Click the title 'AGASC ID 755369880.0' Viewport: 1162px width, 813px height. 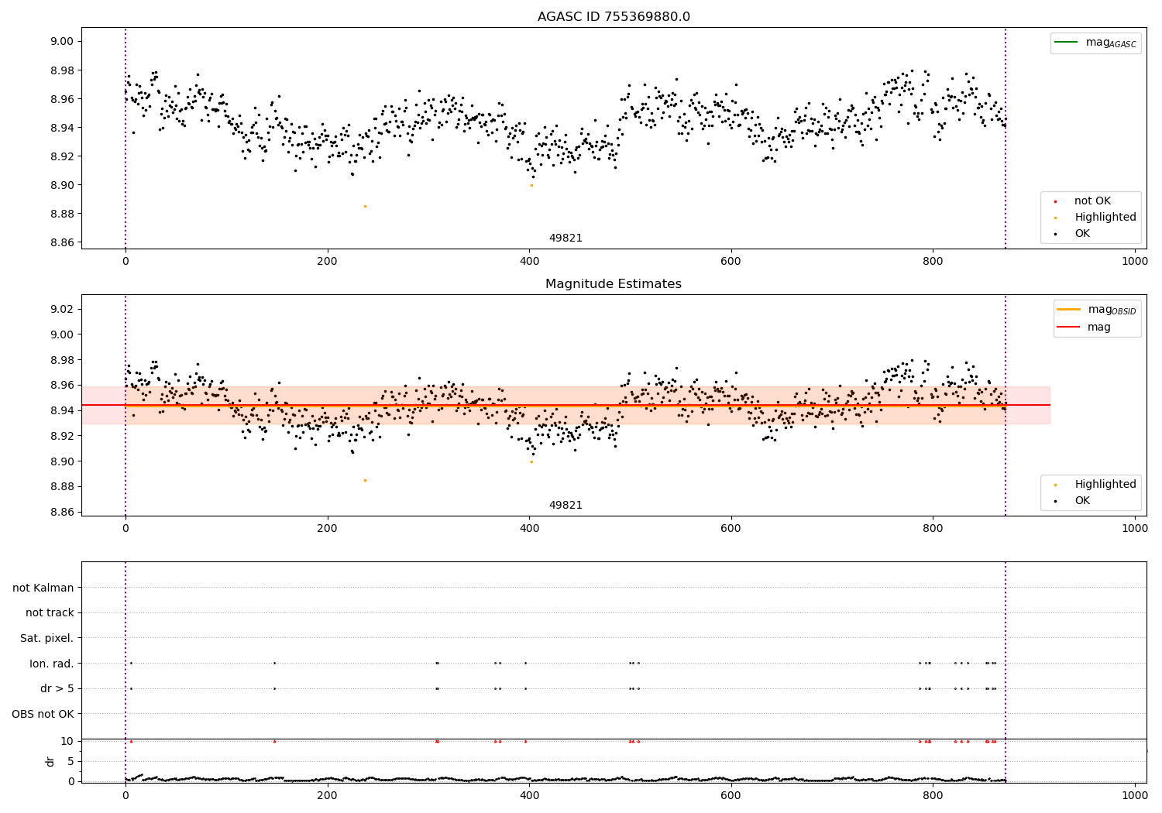point(614,17)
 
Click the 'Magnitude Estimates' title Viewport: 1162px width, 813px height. point(614,284)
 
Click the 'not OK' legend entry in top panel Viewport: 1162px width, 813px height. point(1092,201)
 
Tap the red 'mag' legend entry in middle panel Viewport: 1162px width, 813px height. point(1098,327)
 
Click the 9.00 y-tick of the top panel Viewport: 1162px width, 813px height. point(62,42)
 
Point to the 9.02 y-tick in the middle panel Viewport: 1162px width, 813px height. point(62,310)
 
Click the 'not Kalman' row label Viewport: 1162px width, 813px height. point(43,588)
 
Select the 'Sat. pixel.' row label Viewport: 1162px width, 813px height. point(46,638)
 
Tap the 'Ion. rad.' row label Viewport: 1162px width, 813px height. point(51,664)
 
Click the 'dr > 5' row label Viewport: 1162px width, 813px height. point(57,688)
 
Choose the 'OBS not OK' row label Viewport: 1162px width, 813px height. point(43,714)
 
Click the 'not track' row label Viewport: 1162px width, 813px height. point(50,612)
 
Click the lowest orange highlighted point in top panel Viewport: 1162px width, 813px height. point(365,206)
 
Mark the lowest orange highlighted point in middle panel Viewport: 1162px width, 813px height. point(365,480)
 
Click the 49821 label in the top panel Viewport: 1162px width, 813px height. point(566,238)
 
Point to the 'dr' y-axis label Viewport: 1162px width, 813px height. point(50,761)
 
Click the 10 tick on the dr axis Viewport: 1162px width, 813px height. point(67,741)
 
